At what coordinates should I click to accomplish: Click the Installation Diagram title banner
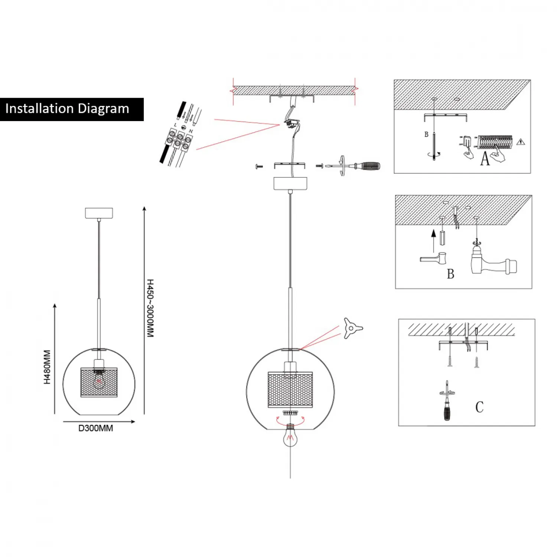[x=72, y=109]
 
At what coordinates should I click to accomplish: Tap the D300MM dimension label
[x=95, y=428]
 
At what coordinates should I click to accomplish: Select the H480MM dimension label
[x=47, y=367]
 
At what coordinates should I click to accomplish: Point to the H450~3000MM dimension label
[x=150, y=308]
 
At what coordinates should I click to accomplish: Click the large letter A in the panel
[x=485, y=159]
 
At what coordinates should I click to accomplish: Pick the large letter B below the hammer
[x=450, y=274]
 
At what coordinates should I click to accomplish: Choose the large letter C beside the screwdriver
[x=479, y=407]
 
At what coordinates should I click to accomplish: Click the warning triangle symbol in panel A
[x=521, y=142]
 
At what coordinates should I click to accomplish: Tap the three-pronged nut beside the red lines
[x=352, y=328]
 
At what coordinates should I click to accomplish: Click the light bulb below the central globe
[x=290, y=437]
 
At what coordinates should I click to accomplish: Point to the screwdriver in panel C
[x=447, y=401]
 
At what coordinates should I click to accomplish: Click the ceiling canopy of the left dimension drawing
[x=99, y=213]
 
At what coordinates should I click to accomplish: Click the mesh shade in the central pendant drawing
[x=290, y=390]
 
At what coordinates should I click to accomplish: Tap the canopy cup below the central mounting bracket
[x=290, y=183]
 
